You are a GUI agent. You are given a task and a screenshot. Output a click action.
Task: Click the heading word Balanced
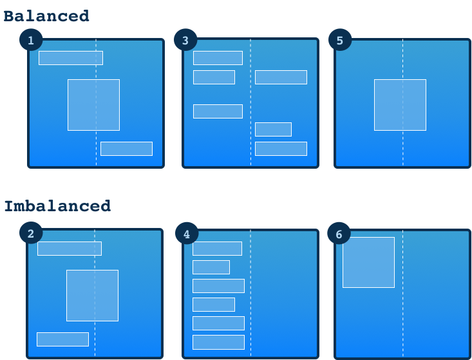(46, 16)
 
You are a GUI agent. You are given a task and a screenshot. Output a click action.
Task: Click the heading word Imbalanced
(57, 206)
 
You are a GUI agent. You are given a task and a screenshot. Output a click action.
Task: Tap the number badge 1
(31, 41)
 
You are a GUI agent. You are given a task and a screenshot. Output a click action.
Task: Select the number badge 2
(30, 233)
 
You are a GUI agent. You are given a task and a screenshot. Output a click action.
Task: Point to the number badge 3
(185, 41)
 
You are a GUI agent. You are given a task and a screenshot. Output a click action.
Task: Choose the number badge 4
(187, 234)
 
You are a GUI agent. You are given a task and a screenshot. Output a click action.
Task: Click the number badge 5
(340, 41)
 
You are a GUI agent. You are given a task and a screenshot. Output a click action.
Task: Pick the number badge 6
(339, 234)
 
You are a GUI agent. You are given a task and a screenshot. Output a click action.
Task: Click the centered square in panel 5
(400, 105)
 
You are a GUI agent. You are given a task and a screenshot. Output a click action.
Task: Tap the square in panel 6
(368, 262)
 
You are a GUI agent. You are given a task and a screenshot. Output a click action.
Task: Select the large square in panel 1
(93, 105)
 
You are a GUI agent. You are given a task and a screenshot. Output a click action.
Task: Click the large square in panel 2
(92, 296)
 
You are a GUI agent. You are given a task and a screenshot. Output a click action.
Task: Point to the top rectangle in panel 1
(70, 58)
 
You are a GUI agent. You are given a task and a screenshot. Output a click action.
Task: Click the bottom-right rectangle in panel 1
(126, 149)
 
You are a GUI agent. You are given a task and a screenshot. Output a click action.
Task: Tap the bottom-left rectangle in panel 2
(62, 339)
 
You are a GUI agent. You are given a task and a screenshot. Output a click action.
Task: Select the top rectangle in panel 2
(69, 249)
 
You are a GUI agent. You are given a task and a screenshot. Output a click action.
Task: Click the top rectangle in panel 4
(217, 249)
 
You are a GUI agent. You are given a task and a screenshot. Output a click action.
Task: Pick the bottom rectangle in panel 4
(218, 342)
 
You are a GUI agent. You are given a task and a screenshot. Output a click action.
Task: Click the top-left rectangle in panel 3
(218, 58)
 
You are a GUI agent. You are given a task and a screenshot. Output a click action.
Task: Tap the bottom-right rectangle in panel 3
(281, 149)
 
